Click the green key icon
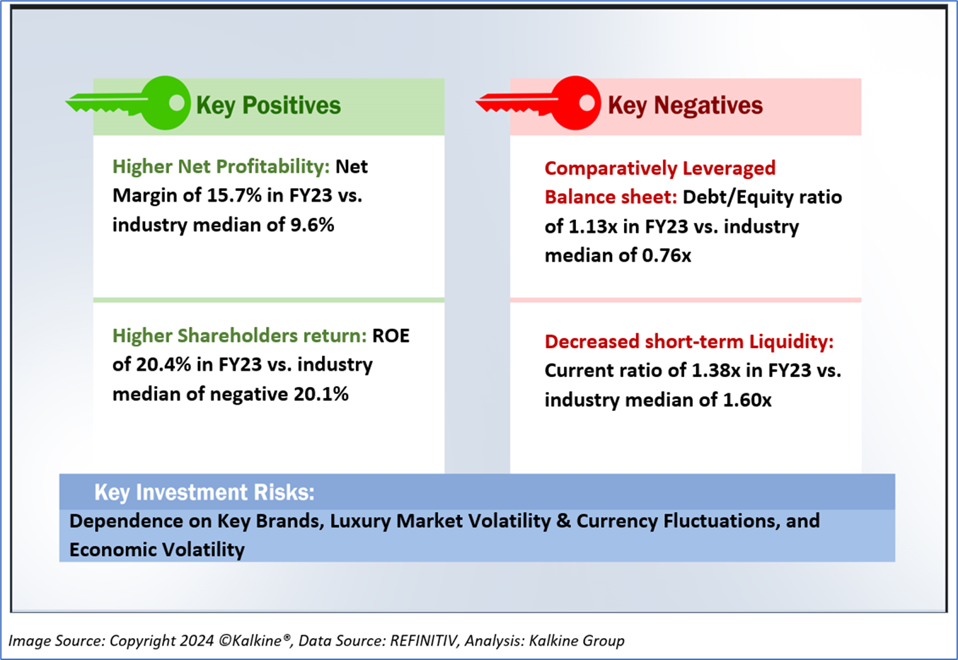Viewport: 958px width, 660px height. pyautogui.click(x=131, y=104)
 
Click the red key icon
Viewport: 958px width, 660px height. pyautogui.click(x=541, y=104)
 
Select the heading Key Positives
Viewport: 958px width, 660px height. pyautogui.click(x=268, y=105)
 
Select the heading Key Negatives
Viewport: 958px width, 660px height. pyautogui.click(x=685, y=105)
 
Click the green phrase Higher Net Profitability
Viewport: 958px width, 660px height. pyautogui.click(x=221, y=166)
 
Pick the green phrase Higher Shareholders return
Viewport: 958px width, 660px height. pyautogui.click(x=239, y=335)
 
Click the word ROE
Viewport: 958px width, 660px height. pyautogui.click(x=391, y=335)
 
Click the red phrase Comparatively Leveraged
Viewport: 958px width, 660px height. pyautogui.click(x=659, y=168)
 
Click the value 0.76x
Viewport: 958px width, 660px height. pyautogui.click(x=666, y=256)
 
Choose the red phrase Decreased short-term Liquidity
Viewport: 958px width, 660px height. pyautogui.click(x=688, y=342)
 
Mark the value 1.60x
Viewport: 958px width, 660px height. pyautogui.click(x=746, y=400)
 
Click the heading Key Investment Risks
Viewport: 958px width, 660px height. pyautogui.click(x=204, y=492)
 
